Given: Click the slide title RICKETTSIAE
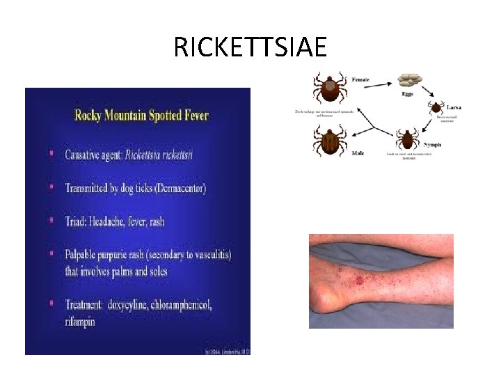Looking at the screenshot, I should [250, 47].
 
